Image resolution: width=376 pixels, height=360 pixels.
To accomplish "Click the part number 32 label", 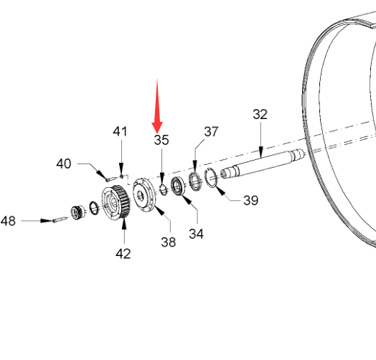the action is pyautogui.click(x=260, y=114).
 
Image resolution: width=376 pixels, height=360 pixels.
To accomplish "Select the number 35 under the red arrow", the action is pyautogui.click(x=161, y=140).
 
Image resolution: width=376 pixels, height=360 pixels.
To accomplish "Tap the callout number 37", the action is pyautogui.click(x=211, y=131).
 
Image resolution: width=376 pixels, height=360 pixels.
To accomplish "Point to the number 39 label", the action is pyautogui.click(x=251, y=200).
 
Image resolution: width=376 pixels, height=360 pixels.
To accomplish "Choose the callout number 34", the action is pyautogui.click(x=196, y=234).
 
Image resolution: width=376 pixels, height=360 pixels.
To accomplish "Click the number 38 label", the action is pyautogui.click(x=169, y=242).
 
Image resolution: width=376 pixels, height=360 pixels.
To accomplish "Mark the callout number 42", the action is pyautogui.click(x=123, y=254).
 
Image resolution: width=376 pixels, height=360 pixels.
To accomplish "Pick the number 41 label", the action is pyautogui.click(x=120, y=131).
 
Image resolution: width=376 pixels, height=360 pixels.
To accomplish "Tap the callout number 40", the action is pyautogui.click(x=64, y=164).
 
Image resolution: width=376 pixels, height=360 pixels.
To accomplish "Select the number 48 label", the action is pyautogui.click(x=8, y=221).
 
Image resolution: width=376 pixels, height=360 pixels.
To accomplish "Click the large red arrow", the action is pyautogui.click(x=157, y=107).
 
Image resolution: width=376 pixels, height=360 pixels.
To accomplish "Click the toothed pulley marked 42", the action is pyautogui.click(x=116, y=202).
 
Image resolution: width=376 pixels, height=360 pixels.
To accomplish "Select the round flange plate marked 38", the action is pyautogui.click(x=144, y=194).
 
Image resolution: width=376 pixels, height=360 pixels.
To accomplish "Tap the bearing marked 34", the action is pyautogui.click(x=179, y=186).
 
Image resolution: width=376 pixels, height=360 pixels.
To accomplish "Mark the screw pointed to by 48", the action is pyautogui.click(x=60, y=219).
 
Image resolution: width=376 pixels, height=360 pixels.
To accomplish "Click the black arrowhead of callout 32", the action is pyautogui.click(x=261, y=152).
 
